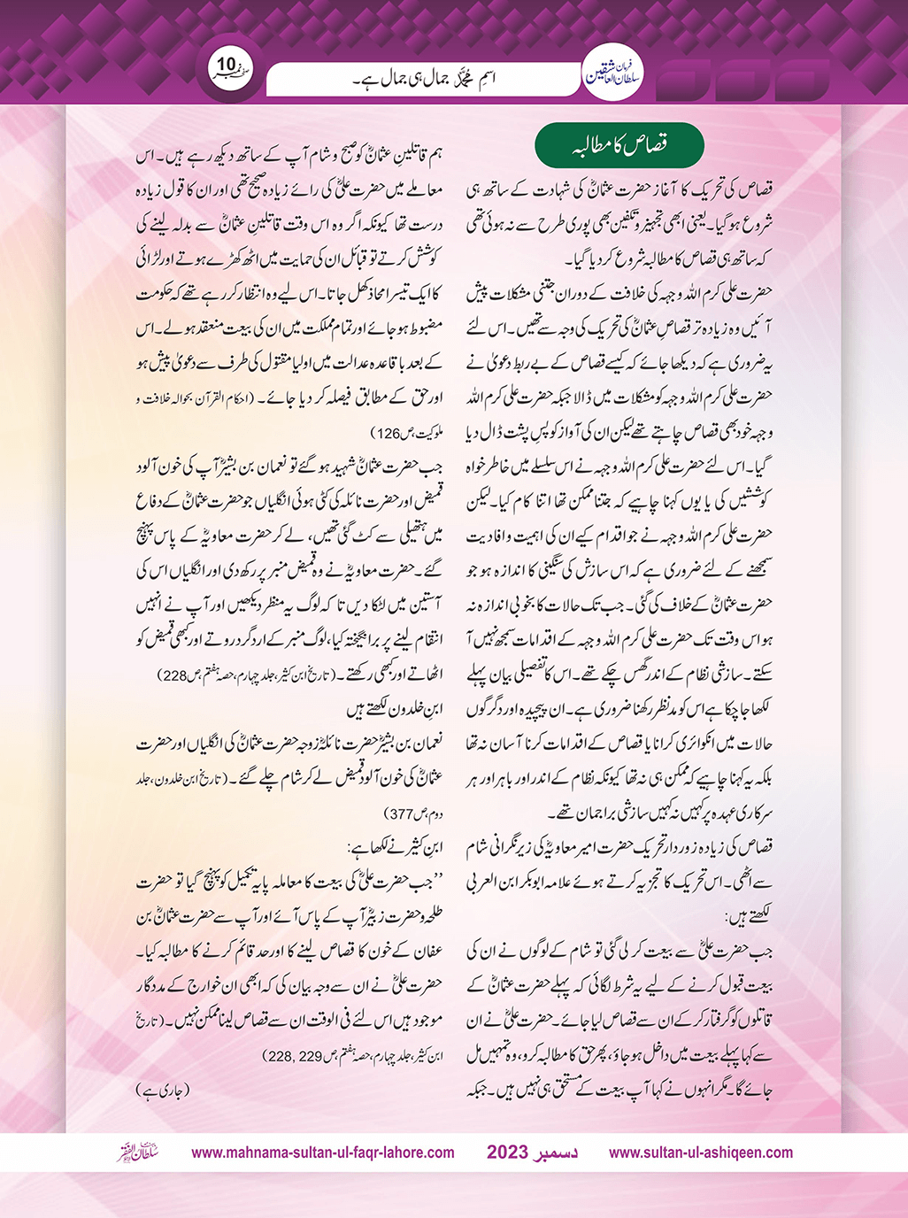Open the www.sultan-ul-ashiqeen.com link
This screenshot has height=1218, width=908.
701,1152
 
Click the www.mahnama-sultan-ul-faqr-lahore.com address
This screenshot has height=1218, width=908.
323,1152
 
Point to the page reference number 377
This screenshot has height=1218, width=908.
403,813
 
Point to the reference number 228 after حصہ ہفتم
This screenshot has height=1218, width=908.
171,676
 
